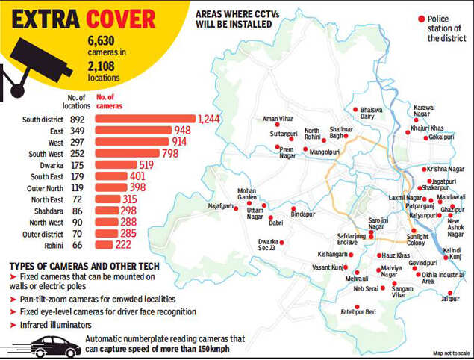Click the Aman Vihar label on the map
click(x=275, y=120)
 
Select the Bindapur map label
click(x=303, y=215)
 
